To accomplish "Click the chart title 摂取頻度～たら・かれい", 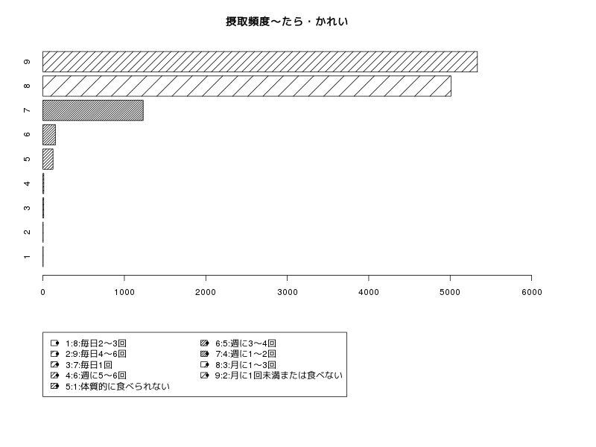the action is click(x=287, y=22).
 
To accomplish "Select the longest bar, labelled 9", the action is click(x=260, y=62).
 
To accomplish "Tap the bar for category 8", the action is click(x=247, y=86).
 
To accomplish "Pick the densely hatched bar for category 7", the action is click(x=93, y=110).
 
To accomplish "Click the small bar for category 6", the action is click(x=49, y=135).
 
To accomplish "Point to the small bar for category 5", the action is click(x=48, y=159).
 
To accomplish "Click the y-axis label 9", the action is click(x=27, y=62).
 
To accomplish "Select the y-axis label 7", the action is click(x=27, y=110).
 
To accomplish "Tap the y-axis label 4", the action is click(x=27, y=183).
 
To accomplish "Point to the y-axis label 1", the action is click(x=27, y=257).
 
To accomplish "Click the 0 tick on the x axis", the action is click(x=43, y=292).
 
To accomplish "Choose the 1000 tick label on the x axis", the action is click(x=124, y=292).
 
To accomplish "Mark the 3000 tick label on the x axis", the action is click(x=288, y=292).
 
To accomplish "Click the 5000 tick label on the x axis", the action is click(x=450, y=292).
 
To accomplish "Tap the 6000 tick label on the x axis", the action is click(x=532, y=292).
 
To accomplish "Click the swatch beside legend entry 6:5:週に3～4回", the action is click(x=204, y=343).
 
